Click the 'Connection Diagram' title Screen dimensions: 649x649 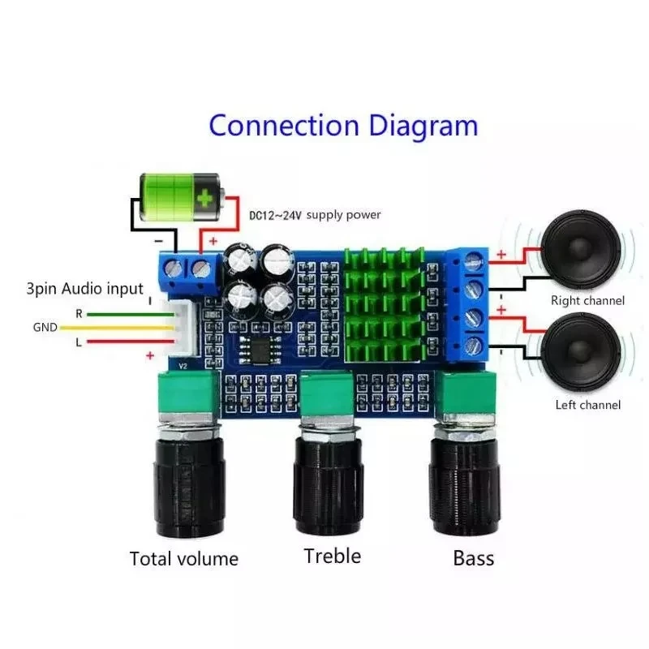343,126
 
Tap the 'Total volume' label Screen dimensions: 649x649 184,558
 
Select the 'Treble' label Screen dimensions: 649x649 332,556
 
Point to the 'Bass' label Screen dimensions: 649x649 473,557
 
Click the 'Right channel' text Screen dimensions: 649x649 587,300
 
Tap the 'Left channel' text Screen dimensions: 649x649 587,405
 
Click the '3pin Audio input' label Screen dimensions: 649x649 84,289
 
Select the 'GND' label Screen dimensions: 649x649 45,328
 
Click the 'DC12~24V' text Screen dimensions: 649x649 275,215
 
